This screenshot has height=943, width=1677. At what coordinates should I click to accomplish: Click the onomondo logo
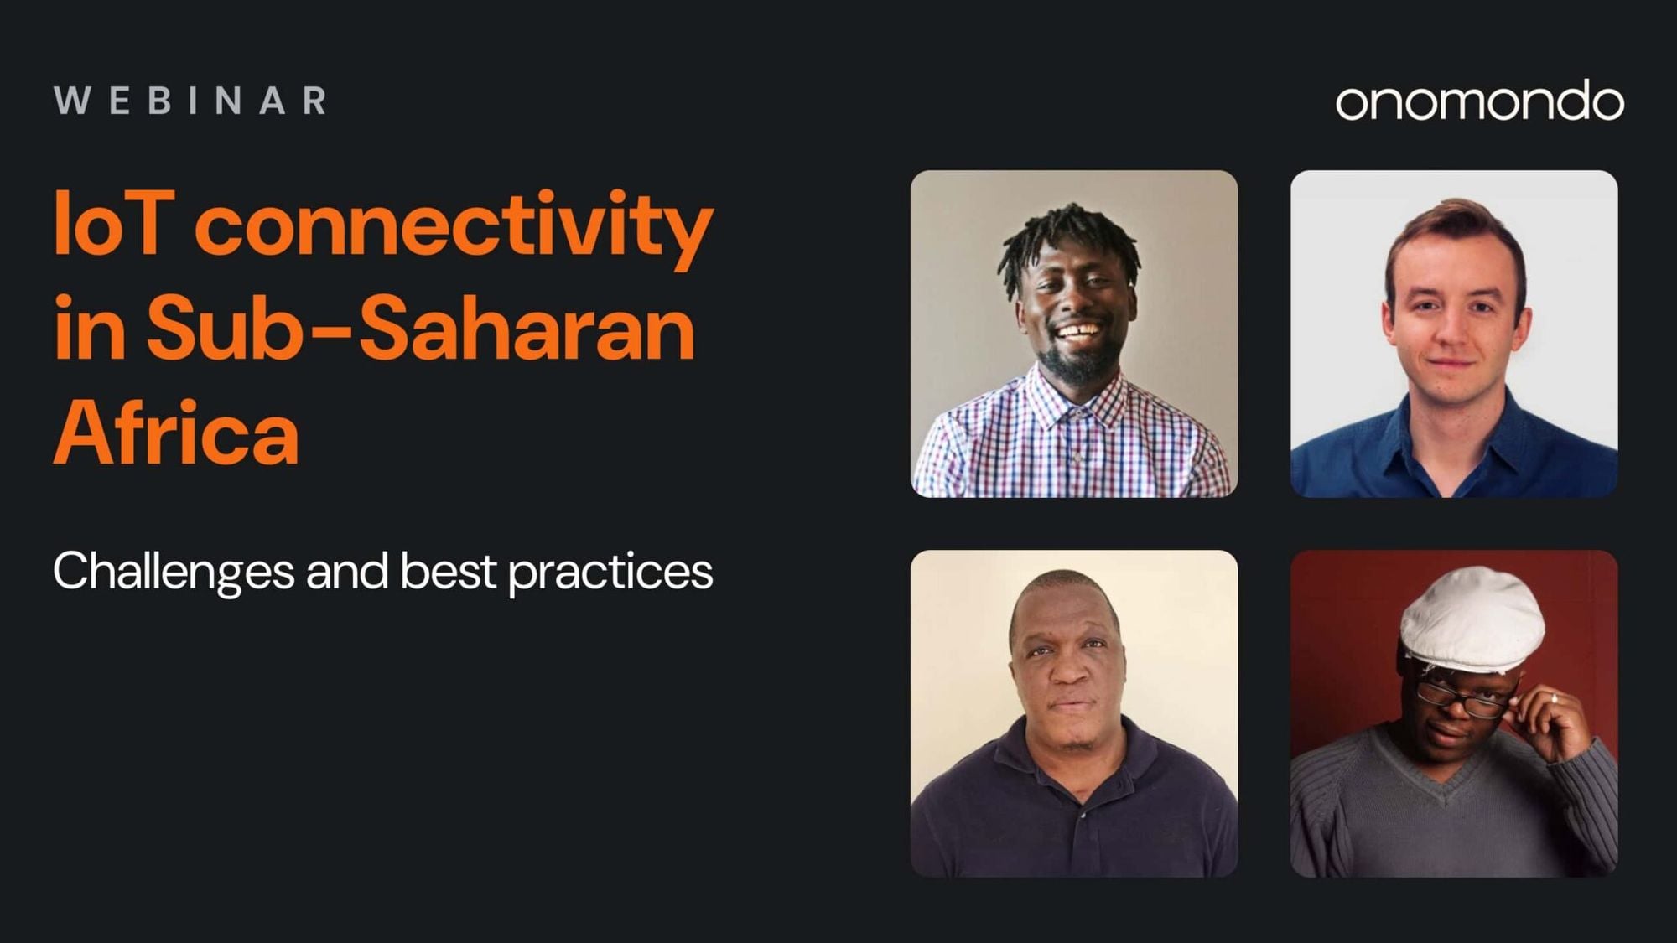(x=1480, y=101)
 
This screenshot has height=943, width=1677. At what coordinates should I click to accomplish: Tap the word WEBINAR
(x=190, y=101)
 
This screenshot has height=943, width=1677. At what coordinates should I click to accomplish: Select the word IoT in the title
(x=114, y=224)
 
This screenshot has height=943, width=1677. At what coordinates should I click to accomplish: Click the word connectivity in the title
(x=454, y=228)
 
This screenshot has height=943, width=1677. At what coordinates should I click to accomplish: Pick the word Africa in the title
(x=176, y=433)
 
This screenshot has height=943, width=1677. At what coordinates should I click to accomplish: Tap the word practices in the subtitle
(x=610, y=573)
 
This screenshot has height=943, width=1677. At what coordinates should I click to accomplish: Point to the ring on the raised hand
(x=1554, y=697)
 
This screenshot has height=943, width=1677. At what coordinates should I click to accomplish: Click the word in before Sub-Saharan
(x=90, y=329)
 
